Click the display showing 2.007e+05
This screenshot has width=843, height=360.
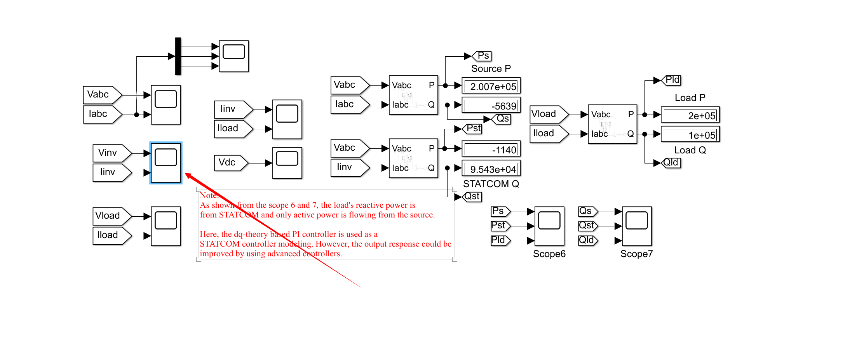pyautogui.click(x=491, y=86)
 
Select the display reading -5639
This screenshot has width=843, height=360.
pyautogui.click(x=491, y=105)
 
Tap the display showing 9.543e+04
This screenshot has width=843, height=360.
pyautogui.click(x=491, y=169)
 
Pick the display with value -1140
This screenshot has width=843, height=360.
pyautogui.click(x=491, y=149)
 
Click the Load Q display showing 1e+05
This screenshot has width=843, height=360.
pyautogui.click(x=690, y=135)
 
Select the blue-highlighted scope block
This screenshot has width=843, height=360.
pyautogui.click(x=166, y=163)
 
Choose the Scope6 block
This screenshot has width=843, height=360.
pyautogui.click(x=549, y=226)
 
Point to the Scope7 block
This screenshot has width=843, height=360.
pyautogui.click(x=637, y=226)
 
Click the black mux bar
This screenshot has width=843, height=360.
pyautogui.click(x=178, y=56)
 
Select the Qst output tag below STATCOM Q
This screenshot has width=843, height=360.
pyautogui.click(x=472, y=197)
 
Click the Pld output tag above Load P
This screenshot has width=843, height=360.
pyautogui.click(x=671, y=80)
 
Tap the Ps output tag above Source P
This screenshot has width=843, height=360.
pyautogui.click(x=482, y=56)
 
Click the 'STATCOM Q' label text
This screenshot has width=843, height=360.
pyautogui.click(x=491, y=184)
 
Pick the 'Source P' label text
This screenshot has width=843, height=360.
pyautogui.click(x=491, y=69)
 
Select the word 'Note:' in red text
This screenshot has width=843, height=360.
pyautogui.click(x=209, y=195)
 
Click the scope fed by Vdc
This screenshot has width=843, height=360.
pyautogui.click(x=287, y=163)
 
